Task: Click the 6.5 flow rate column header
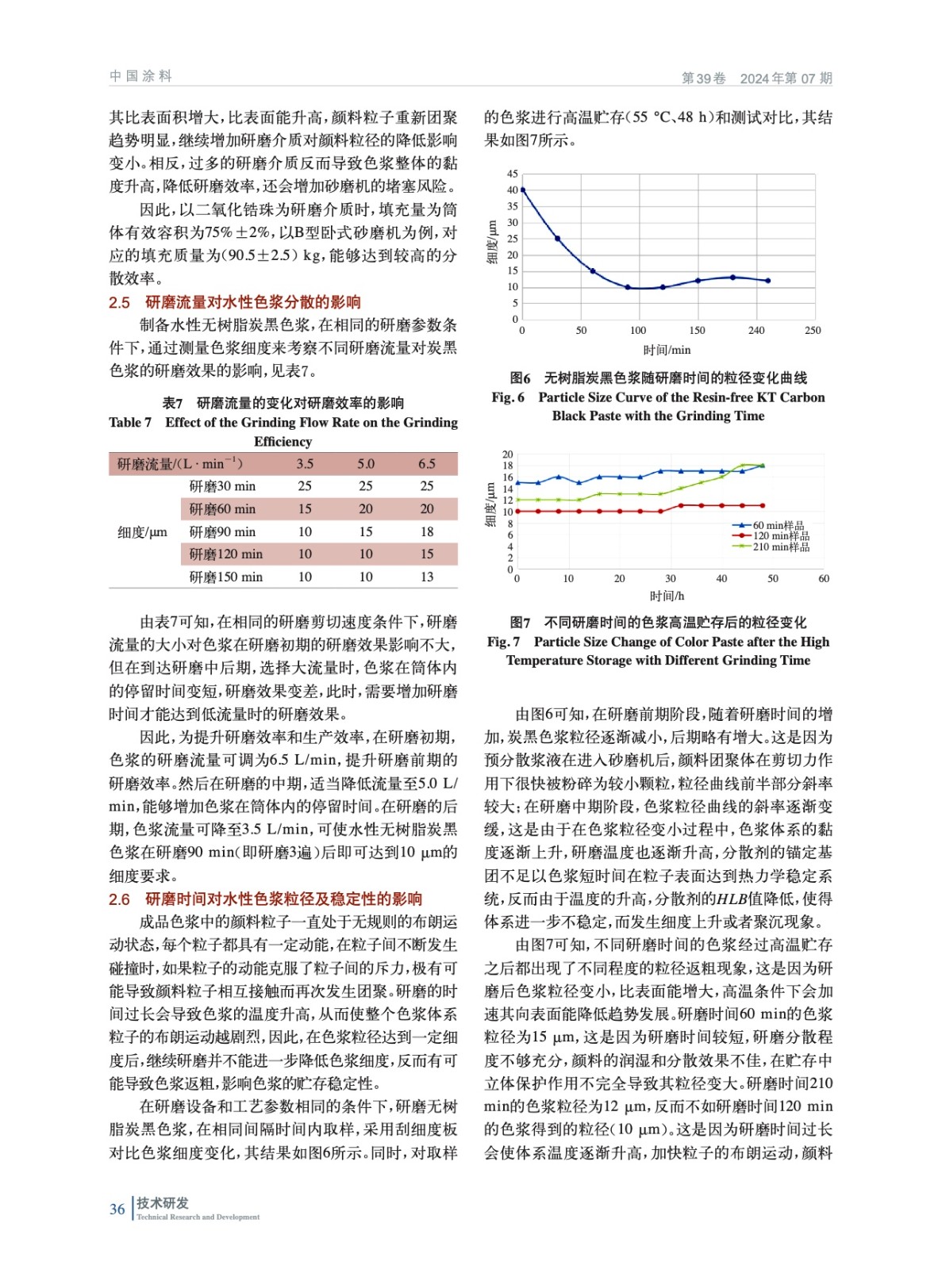click(x=427, y=464)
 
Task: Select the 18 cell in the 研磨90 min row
click(x=427, y=532)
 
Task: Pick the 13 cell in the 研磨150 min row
click(x=427, y=577)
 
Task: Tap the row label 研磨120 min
click(x=225, y=554)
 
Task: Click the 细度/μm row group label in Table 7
click(x=142, y=532)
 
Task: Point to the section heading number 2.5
click(x=119, y=302)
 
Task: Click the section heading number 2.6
click(x=119, y=899)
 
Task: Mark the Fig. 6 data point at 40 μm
click(x=522, y=190)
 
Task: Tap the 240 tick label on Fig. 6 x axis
click(x=756, y=331)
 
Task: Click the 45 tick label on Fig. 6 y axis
click(x=513, y=174)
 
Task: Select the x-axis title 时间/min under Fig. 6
click(x=667, y=350)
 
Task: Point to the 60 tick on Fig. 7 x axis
click(x=824, y=579)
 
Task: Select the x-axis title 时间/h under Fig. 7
click(x=667, y=596)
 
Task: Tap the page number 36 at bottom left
click(x=117, y=1210)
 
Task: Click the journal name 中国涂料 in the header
click(x=140, y=76)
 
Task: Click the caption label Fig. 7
click(x=503, y=642)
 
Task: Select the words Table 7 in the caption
click(x=130, y=423)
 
